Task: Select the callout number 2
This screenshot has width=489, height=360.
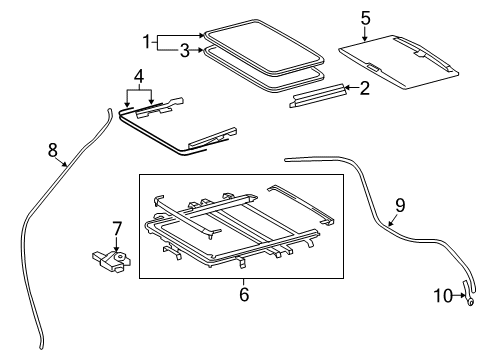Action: (x=364, y=88)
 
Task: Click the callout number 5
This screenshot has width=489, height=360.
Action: (x=365, y=17)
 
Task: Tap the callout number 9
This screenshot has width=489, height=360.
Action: (x=400, y=205)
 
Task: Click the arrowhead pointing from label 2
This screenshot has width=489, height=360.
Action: (x=346, y=88)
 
